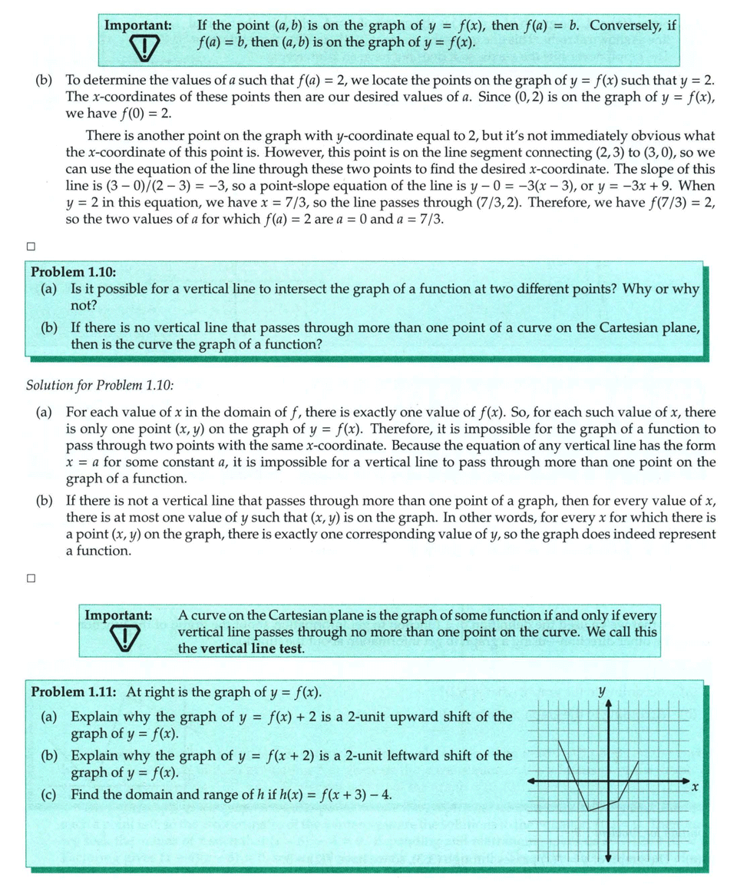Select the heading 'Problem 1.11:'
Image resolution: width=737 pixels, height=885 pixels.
[74, 691]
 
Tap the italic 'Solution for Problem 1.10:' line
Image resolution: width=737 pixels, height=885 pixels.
[100, 384]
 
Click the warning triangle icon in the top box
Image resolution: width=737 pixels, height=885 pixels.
[144, 49]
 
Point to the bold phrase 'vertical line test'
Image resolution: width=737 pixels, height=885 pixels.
[252, 648]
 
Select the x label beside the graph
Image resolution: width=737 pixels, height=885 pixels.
[695, 787]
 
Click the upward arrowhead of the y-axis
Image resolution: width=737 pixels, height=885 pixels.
[608, 705]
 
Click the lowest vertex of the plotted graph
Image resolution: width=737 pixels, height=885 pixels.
[588, 810]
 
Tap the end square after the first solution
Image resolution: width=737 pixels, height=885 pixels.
[30, 247]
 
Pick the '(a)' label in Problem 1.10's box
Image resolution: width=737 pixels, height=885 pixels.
[50, 289]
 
